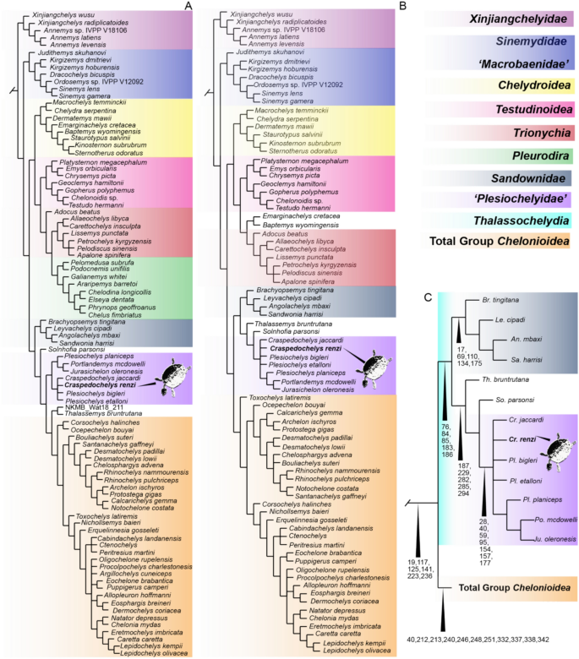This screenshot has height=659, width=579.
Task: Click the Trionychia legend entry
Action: coord(538,133)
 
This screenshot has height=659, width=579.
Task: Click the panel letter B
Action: coord(402,7)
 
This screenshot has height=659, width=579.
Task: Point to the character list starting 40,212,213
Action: coord(489,640)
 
